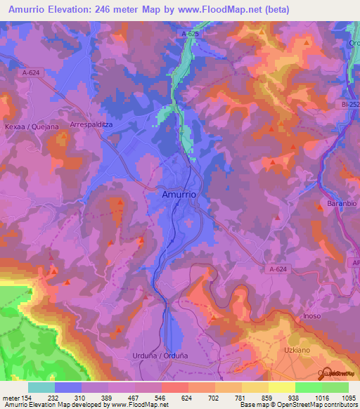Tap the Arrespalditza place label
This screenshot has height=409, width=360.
[91, 124]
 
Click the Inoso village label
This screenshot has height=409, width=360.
[311, 316]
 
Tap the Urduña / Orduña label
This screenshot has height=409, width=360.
[160, 356]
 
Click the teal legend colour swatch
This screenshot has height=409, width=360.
[41, 387]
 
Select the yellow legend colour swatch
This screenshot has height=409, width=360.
[282, 387]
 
